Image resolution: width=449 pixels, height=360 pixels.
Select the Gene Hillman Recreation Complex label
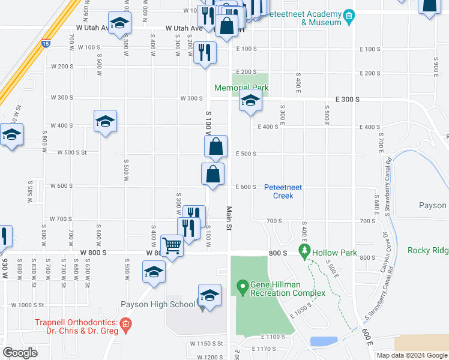[x=288, y=288]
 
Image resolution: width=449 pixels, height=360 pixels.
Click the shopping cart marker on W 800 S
[x=172, y=245]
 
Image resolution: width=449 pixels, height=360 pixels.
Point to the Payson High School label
[x=158, y=304]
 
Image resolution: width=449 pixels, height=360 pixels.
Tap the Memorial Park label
[x=242, y=88]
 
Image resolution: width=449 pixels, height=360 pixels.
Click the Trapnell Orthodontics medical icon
[x=125, y=326]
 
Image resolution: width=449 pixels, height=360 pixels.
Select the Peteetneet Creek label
[x=283, y=191]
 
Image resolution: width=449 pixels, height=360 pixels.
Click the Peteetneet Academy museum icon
[x=349, y=14]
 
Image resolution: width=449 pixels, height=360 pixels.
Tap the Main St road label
[x=229, y=219]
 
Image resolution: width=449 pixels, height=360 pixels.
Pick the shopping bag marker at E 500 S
[x=215, y=146]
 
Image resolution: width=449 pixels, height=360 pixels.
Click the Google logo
[x=20, y=353]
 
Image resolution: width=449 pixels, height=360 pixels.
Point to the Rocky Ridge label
[x=428, y=250]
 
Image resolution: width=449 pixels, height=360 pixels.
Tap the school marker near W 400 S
[x=106, y=122]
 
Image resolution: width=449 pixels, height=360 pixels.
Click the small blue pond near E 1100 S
[x=323, y=341]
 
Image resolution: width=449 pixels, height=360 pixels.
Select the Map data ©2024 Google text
[x=411, y=355]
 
